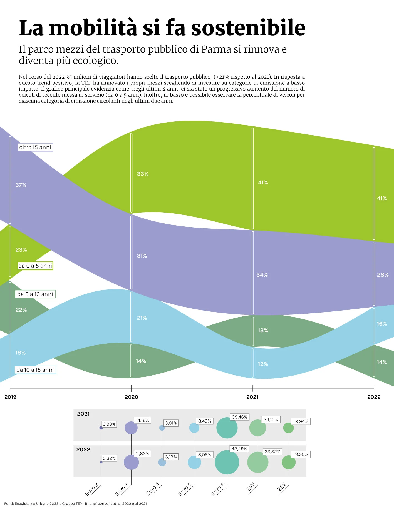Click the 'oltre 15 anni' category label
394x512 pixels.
pyautogui.click(x=35, y=147)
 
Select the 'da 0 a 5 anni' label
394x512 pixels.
pyautogui.click(x=35, y=266)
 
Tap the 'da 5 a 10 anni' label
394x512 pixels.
pyautogui.click(x=35, y=294)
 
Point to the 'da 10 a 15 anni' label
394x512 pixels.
pyautogui.click(x=35, y=370)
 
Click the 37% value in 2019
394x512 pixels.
pyautogui.click(x=21, y=185)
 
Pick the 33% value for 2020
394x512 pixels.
pyautogui.click(x=143, y=174)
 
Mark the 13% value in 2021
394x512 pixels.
pyautogui.click(x=263, y=330)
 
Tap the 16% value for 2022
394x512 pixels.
pyautogui.click(x=382, y=324)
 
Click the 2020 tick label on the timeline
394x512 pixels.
pyautogui.click(x=131, y=397)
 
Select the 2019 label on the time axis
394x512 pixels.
pyautogui.click(x=10, y=397)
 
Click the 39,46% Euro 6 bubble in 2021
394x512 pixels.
pyautogui.click(x=227, y=428)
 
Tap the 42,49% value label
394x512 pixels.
pyautogui.click(x=239, y=449)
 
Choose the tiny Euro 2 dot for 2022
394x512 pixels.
pyautogui.click(x=101, y=462)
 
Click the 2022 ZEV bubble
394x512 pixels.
pyautogui.click(x=289, y=462)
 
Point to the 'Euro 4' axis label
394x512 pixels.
pyautogui.click(x=153, y=489)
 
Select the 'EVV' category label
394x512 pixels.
pyautogui.click(x=251, y=487)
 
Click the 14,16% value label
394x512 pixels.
pyautogui.click(x=142, y=420)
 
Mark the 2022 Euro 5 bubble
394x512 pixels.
pyautogui.click(x=194, y=462)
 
